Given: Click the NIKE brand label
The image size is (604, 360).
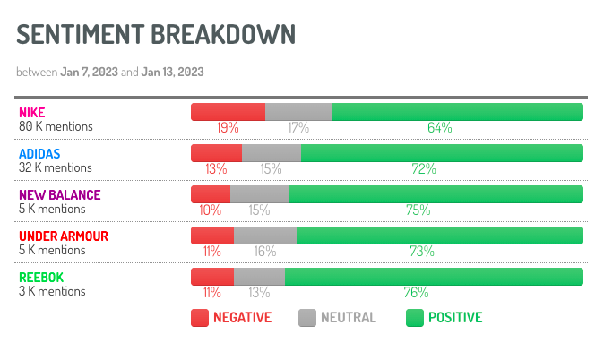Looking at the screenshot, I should coord(31,113).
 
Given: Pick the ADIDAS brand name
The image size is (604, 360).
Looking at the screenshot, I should coord(39,154).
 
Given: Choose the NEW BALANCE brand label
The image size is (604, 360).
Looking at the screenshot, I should coord(60,195).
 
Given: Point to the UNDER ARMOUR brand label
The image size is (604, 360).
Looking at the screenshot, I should coord(64,236).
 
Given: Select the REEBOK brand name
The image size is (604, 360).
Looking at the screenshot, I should coord(41,278).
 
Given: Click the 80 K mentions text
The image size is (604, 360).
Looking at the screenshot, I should coord(56,126).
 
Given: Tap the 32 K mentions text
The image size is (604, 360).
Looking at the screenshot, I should coord(56,167).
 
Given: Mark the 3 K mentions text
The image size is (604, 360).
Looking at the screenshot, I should coord(53,291).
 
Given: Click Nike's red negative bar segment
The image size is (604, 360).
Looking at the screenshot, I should coord(228,112).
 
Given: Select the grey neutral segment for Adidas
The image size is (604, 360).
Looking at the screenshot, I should coord(271,153).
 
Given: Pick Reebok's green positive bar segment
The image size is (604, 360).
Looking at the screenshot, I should coord(434,277).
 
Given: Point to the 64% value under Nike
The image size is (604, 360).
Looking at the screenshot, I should coord(439,128).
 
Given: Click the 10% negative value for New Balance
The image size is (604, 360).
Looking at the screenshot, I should coord(211,210).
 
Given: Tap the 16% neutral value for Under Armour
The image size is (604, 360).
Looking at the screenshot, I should coord(264,252).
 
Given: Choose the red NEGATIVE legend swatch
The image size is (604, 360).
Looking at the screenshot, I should coord(200,317).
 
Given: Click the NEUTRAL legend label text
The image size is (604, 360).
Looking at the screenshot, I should coord(349,317).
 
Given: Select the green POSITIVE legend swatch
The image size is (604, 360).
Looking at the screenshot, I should coord(415,317).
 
